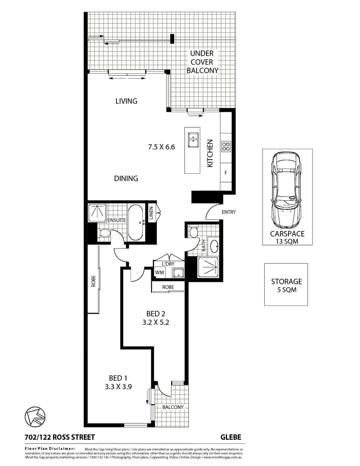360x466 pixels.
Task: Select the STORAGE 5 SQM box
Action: point(286,285)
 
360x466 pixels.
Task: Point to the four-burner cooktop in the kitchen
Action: point(226,146)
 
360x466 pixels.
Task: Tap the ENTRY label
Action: point(228,212)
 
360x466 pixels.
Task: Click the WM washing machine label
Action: point(160,272)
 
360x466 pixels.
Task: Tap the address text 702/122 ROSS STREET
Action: point(56,437)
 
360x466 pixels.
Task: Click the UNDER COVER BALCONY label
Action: point(205,62)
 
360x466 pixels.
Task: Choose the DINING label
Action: point(126,178)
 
